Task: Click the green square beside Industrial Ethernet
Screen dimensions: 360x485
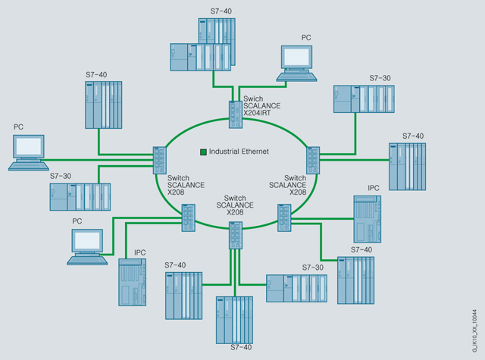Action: click(x=203, y=152)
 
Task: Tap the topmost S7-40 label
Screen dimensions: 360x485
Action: click(x=222, y=11)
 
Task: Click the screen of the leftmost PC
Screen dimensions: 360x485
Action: click(x=27, y=147)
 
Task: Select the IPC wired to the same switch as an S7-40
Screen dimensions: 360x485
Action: click(x=367, y=219)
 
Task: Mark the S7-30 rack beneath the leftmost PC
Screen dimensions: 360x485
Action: click(x=80, y=196)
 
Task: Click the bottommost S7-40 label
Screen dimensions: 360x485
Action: click(x=240, y=347)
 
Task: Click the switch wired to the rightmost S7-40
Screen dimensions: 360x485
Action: click(x=312, y=160)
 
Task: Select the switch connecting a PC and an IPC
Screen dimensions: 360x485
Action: click(x=186, y=218)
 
